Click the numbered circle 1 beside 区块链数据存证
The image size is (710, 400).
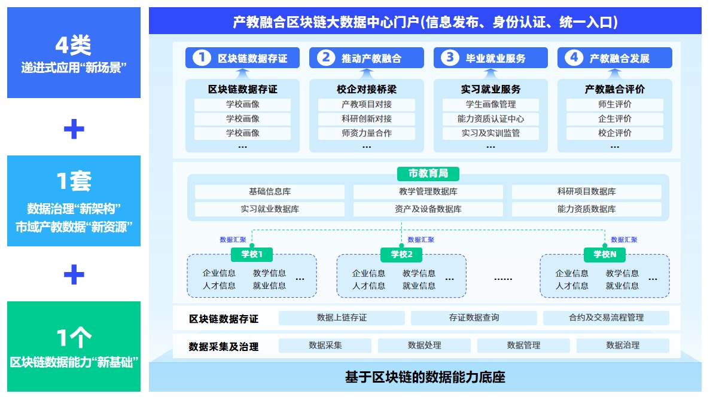coord(202,58)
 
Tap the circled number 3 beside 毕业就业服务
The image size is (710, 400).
coord(450,58)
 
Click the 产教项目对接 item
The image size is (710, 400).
coord(366,105)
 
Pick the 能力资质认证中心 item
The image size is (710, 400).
coord(490,119)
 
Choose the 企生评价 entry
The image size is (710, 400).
coord(614,119)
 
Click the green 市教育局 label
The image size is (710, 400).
coord(428,173)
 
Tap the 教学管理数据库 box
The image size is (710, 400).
coord(428,192)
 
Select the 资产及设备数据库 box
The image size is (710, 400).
coord(428,209)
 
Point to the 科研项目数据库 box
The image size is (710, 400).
coord(586,192)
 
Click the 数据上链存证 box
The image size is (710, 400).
coord(342,318)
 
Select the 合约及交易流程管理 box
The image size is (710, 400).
coord(606,318)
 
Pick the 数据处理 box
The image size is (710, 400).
coord(424,346)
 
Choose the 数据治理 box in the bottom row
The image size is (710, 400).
coord(623,346)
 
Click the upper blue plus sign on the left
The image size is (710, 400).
coord(74,129)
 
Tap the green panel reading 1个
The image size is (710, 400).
coord(74,346)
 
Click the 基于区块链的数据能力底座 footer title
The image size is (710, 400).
coord(425,378)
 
